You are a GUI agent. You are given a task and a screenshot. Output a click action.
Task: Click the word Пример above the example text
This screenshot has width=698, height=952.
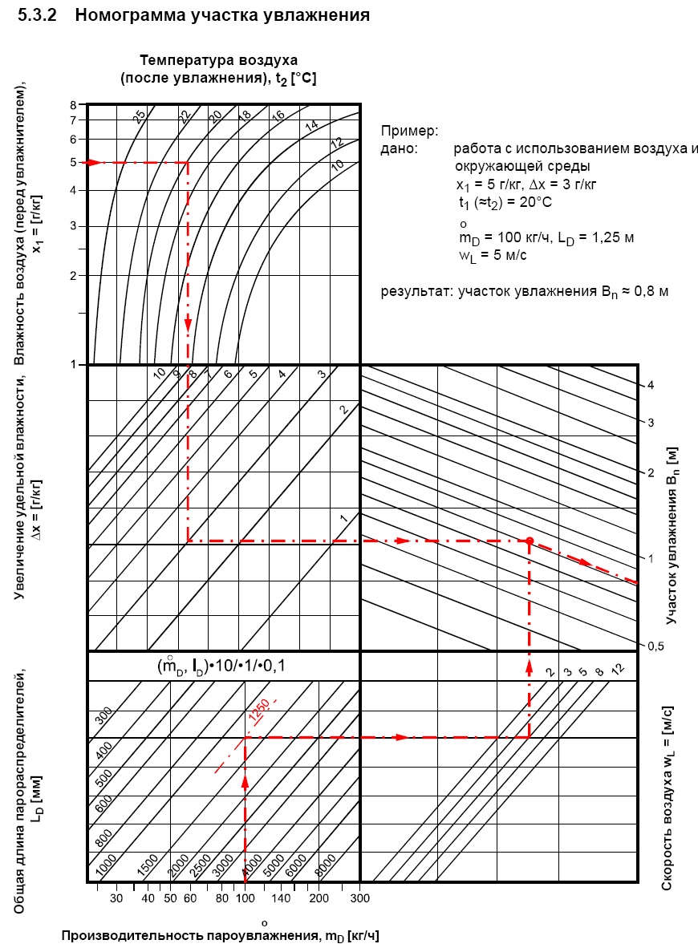[409, 131]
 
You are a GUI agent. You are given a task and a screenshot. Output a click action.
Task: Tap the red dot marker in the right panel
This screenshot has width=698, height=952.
[530, 541]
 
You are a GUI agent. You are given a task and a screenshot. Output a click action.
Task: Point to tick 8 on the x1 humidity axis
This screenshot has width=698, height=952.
[72, 105]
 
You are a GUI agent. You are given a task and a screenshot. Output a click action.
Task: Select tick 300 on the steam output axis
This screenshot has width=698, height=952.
[359, 899]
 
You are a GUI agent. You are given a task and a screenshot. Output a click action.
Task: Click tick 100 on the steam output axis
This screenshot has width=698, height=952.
[245, 899]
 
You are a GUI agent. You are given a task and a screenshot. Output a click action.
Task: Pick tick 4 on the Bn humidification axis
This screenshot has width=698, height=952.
[651, 385]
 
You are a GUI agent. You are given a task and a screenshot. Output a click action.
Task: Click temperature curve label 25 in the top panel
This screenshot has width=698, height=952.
[140, 117]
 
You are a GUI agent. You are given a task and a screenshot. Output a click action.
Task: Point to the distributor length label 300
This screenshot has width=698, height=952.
[101, 716]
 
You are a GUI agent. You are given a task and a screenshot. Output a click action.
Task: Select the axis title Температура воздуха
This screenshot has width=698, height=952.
[219, 60]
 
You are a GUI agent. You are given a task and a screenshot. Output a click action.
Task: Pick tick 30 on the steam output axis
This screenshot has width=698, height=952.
[116, 899]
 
